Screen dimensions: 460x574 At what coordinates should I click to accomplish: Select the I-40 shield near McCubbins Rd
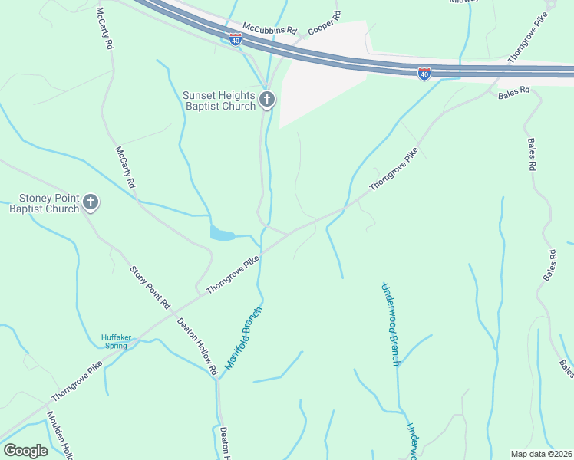236,38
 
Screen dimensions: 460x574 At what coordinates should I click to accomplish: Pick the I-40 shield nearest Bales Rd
424,73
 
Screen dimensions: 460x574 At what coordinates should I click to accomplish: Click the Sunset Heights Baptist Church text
218,100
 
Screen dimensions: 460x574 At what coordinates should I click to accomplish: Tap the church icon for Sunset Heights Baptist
267,98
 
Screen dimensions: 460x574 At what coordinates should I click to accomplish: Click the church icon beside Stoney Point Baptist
91,202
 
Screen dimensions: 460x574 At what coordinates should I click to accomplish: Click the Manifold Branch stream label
244,338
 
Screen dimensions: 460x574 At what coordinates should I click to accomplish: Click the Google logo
25,451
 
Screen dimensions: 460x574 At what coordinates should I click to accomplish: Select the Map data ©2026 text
542,454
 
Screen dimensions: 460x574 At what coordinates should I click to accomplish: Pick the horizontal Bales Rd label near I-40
513,90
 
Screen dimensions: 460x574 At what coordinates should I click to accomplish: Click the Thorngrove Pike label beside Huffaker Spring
77,381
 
